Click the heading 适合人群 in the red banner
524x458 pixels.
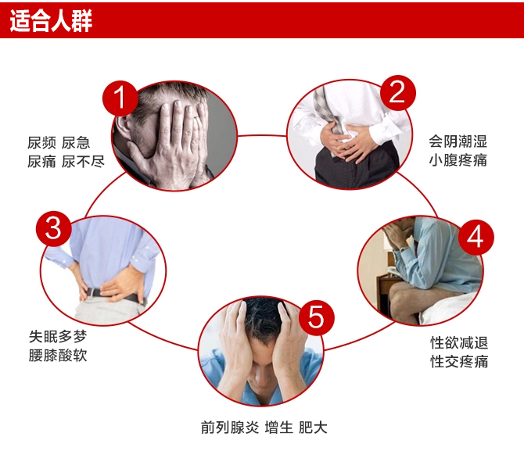(x=51, y=21)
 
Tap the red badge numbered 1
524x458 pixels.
(x=120, y=98)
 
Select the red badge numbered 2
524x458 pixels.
(x=397, y=92)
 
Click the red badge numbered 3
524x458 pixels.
(x=54, y=229)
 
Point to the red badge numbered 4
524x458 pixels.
(x=476, y=237)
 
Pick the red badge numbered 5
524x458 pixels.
(x=316, y=317)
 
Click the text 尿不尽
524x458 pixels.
(x=83, y=162)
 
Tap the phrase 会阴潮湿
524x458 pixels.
(x=458, y=141)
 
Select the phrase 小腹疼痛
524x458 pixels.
(x=458, y=160)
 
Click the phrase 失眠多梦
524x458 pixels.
(x=58, y=336)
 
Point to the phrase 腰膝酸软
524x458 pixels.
(x=58, y=355)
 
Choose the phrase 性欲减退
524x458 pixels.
(x=459, y=343)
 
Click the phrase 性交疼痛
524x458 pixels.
(x=459, y=361)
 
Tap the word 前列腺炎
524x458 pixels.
(x=230, y=428)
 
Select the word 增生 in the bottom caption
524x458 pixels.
(x=278, y=428)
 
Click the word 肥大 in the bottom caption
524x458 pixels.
(x=313, y=428)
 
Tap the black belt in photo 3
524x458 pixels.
(x=113, y=295)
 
